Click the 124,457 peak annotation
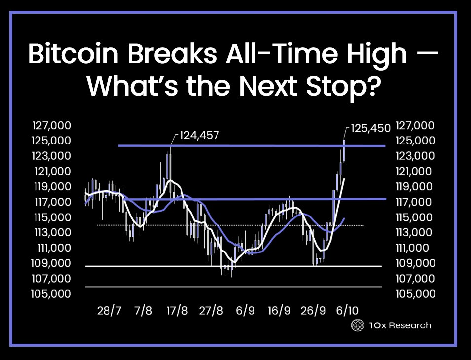200,135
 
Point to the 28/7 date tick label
109,311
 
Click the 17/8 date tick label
177,311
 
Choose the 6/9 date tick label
245,311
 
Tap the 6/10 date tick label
347,311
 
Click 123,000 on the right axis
416,156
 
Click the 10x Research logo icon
357,325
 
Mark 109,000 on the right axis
416,263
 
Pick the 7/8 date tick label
143,311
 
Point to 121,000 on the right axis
416,172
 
